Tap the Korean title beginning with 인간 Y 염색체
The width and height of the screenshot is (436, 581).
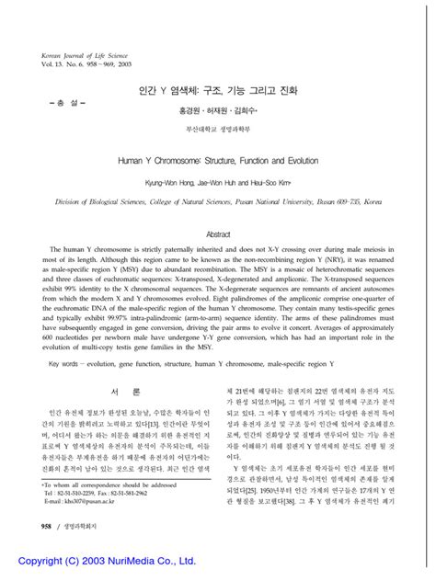pyautogui.click(x=217, y=93)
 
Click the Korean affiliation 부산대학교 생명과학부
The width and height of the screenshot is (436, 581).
pyautogui.click(x=217, y=130)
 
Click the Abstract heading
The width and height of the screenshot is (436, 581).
pyautogui.click(x=218, y=234)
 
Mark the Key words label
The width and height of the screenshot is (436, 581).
pyautogui.click(x=63, y=364)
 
